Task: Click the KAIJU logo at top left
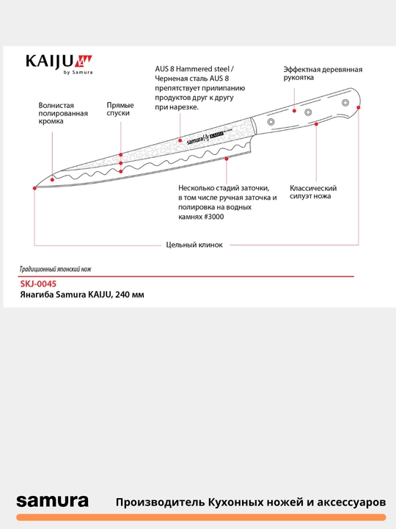(x=59, y=64)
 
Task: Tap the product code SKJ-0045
(x=38, y=284)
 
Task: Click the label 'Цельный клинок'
(x=194, y=245)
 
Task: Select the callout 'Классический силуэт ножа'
(x=313, y=192)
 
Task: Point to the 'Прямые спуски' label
(x=120, y=109)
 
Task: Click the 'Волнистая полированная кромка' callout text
(x=63, y=113)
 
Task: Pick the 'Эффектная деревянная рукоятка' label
(x=323, y=73)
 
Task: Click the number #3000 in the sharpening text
(x=214, y=217)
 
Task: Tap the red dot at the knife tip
(x=34, y=188)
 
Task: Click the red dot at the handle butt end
(x=359, y=107)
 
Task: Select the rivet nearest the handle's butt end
(x=345, y=103)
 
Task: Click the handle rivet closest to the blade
(x=271, y=122)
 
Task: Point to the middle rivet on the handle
(x=308, y=112)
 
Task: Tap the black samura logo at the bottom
(x=53, y=501)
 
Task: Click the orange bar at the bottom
(x=201, y=517)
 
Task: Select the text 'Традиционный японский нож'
(x=55, y=269)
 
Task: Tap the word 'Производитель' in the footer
(x=161, y=502)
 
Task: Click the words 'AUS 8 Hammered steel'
(x=192, y=69)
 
